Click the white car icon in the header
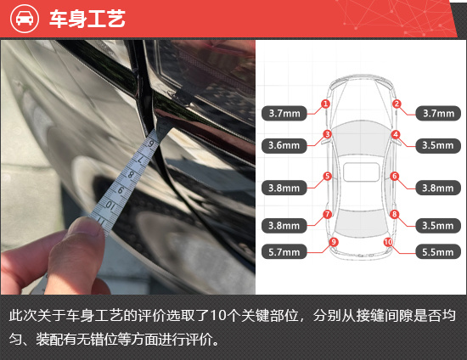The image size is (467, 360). [x=25, y=19]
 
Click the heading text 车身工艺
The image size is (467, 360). [x=87, y=19]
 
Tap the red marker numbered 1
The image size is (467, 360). [x=325, y=104]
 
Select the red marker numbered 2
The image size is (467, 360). [x=397, y=104]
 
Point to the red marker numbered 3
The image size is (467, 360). [x=327, y=134]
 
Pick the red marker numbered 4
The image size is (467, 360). [x=396, y=134]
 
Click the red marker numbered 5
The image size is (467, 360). [x=327, y=176]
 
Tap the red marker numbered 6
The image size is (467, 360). [x=395, y=176]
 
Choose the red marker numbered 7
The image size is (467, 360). [x=327, y=214]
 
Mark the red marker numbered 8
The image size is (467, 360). [x=395, y=214]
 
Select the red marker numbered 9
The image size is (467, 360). [x=334, y=242]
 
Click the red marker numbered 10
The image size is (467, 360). [x=388, y=242]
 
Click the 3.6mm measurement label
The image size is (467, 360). [x=284, y=145]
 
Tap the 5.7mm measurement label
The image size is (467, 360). [x=284, y=252]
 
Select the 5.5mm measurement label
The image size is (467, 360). [x=438, y=252]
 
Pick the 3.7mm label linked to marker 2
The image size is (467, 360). [x=438, y=113]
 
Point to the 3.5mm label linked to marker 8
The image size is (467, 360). [x=438, y=225]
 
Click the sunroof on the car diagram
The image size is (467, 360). [x=361, y=172]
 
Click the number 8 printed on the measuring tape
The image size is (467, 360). [x=131, y=175]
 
